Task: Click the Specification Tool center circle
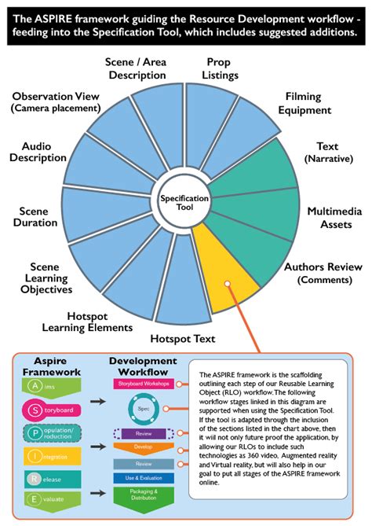click(184, 203)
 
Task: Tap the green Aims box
click(51, 385)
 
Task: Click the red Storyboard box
click(51, 410)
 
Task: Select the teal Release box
click(51, 477)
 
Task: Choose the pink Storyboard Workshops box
click(143, 384)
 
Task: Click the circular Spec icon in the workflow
click(143, 409)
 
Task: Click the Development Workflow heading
click(143, 365)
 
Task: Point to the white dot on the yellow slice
click(226, 284)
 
